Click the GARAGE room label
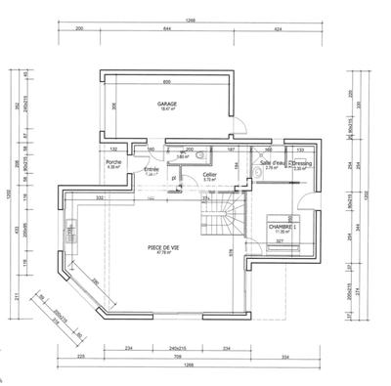point(166,104)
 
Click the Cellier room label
point(209,175)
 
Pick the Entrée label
point(152,169)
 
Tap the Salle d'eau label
point(272,163)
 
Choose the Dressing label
point(299,163)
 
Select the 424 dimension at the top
point(279,30)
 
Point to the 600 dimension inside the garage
point(166,81)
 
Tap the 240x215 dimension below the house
point(176,347)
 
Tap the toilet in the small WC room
point(198,153)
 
